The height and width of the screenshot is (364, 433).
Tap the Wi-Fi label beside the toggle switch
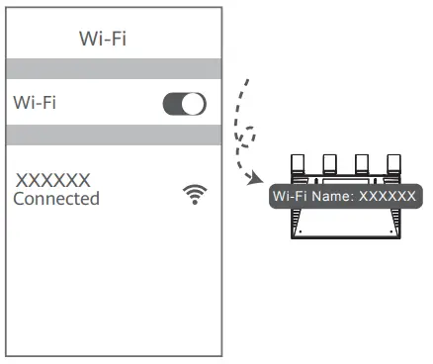point(35,102)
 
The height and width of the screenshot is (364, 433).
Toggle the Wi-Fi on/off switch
point(184,103)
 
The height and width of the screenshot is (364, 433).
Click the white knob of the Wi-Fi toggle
point(194,103)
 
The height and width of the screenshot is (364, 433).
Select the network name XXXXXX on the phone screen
point(53,180)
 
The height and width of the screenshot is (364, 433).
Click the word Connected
point(56,199)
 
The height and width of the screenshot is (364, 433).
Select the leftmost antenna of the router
point(295,162)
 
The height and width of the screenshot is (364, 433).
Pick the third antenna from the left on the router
point(361,162)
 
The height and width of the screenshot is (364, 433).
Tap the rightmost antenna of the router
point(393,162)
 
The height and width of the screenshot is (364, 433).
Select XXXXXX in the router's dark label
point(387,195)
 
